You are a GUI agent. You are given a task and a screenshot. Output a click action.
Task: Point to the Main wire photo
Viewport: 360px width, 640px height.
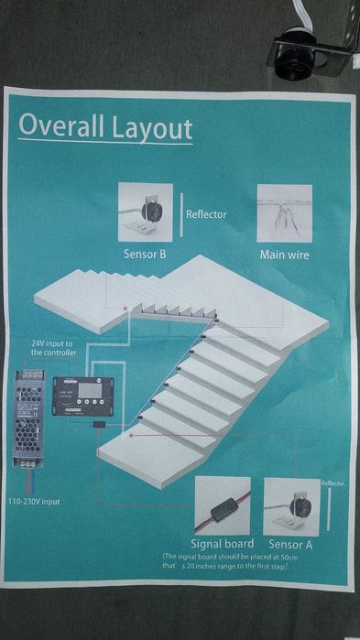click(284, 212)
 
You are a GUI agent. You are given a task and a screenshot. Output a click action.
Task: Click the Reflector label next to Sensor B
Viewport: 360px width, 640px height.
click(206, 215)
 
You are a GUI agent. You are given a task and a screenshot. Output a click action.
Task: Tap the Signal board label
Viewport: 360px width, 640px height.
click(221, 543)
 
